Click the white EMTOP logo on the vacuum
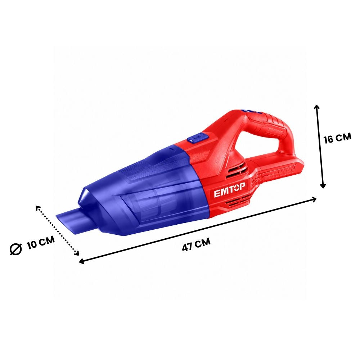229,190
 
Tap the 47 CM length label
196,244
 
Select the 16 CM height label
337,138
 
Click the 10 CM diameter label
41,242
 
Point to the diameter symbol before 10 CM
16,249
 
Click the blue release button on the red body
197,139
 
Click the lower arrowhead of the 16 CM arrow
323,186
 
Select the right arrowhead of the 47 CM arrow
314,199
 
